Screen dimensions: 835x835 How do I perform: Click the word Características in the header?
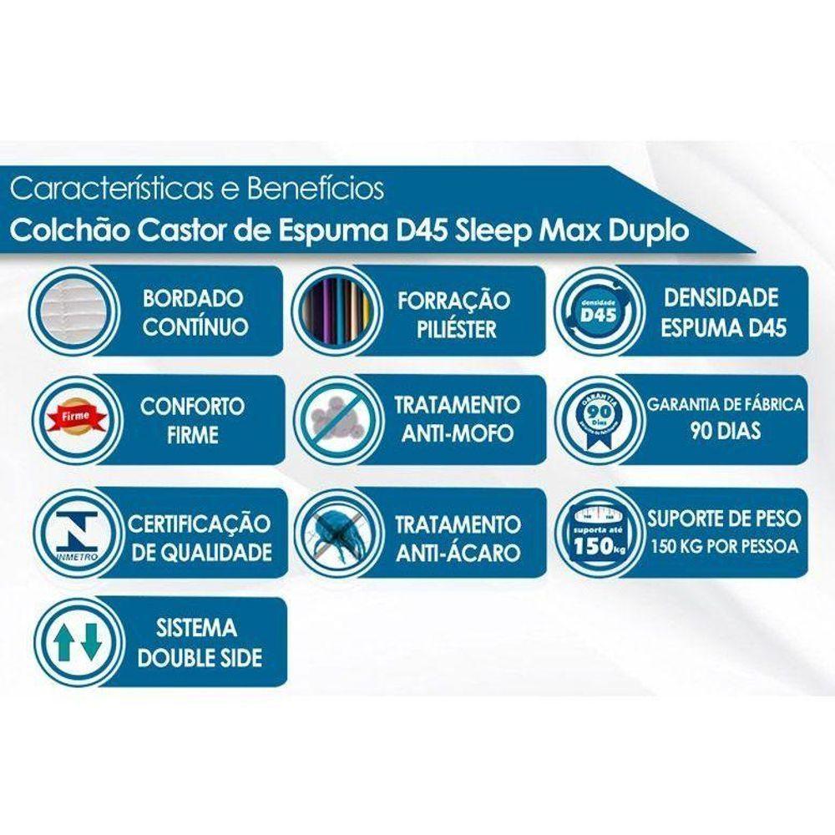point(108,189)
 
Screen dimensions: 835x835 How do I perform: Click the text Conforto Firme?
point(192,421)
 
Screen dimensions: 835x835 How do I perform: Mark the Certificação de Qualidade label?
point(199,538)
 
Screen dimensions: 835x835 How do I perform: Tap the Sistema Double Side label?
point(200,642)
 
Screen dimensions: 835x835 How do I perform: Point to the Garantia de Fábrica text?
point(725,405)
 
